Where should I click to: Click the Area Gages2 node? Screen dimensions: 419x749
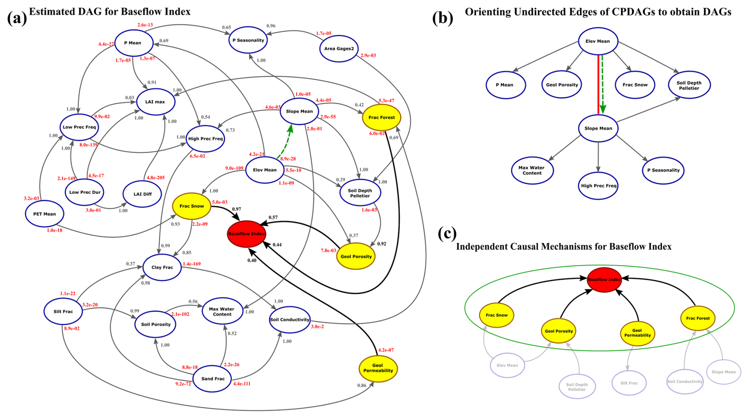(338, 49)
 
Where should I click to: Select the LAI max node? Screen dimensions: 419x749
(155, 102)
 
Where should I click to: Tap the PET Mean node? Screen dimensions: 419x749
(44, 214)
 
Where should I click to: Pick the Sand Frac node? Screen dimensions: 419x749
(213, 379)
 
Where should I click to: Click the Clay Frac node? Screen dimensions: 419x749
(162, 267)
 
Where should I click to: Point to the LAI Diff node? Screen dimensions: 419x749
(142, 194)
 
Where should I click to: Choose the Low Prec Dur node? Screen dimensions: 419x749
(85, 192)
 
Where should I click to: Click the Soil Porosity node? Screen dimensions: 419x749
(156, 324)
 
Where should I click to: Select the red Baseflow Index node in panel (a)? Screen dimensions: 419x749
(246, 234)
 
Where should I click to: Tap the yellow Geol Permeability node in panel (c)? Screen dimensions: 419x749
(637, 333)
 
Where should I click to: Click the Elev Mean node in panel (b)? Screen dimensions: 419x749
(598, 41)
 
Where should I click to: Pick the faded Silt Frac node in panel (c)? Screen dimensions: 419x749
(629, 383)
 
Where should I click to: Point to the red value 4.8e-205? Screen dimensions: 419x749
(156, 178)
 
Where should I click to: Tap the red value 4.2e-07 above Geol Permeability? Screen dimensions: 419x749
(386, 350)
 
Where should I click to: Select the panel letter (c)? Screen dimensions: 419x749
(447, 234)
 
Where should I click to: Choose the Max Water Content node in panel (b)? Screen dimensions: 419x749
(532, 170)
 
